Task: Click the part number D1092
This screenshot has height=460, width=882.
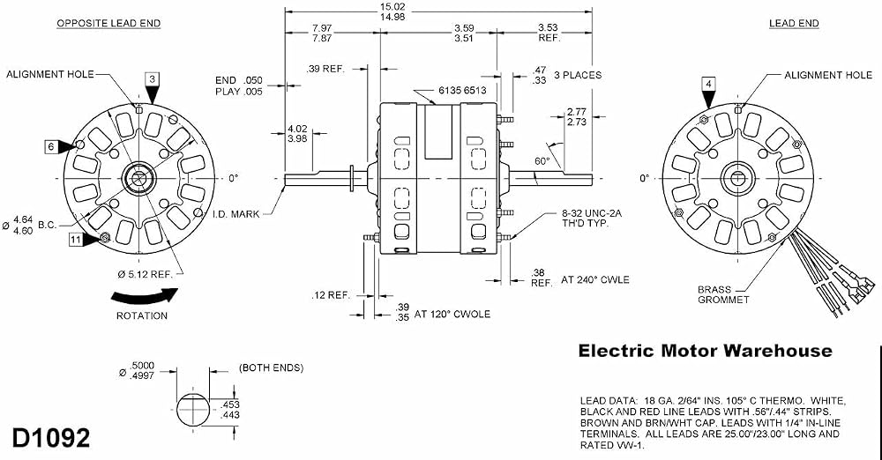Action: click(50, 437)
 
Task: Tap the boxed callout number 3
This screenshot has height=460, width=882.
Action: click(152, 79)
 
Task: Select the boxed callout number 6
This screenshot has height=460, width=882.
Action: click(51, 147)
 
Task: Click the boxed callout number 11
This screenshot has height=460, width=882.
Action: click(75, 240)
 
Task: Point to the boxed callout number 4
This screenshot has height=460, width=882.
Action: click(709, 85)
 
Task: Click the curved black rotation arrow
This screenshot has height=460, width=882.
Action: click(145, 296)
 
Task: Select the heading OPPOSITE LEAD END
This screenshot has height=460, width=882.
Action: click(108, 24)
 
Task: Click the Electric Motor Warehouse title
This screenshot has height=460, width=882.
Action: click(706, 351)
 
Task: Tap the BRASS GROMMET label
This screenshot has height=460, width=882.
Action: click(723, 294)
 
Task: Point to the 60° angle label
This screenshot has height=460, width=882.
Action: click(542, 161)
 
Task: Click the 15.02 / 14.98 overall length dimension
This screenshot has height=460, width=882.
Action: click(392, 11)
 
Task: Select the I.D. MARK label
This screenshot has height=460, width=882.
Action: click(236, 213)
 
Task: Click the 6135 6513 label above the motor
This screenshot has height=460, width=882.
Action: click(462, 90)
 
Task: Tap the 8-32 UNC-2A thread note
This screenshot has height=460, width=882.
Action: click(592, 219)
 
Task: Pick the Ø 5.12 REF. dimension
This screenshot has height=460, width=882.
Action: click(150, 274)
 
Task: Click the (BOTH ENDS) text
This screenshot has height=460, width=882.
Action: click(271, 367)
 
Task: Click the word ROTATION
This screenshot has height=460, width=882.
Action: click(142, 316)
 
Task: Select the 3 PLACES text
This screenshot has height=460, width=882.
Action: click(578, 75)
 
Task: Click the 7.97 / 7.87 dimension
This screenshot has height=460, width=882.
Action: click(322, 33)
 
